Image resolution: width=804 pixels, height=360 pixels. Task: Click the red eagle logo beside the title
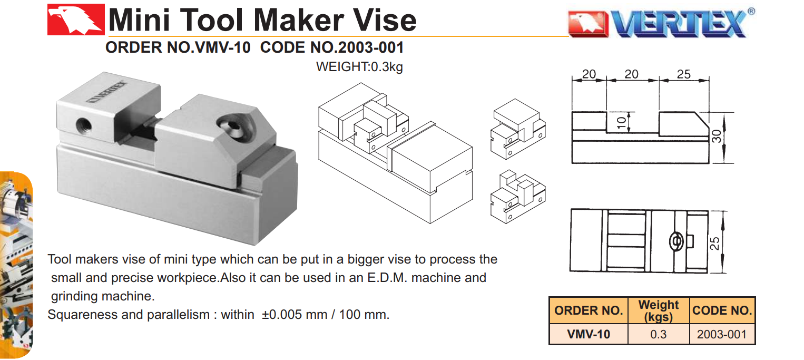[x=76, y=20]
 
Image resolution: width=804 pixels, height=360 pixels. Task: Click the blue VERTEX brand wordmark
[x=679, y=24]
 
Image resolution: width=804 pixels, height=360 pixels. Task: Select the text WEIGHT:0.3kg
[x=359, y=67]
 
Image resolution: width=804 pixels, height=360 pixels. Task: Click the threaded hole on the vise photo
[x=84, y=125]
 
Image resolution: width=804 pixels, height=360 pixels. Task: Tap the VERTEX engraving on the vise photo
[x=107, y=92]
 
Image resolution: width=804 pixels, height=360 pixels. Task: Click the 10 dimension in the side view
[x=621, y=122]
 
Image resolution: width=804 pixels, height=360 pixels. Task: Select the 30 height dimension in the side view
[x=717, y=137]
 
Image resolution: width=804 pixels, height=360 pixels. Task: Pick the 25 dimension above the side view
[x=683, y=74]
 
